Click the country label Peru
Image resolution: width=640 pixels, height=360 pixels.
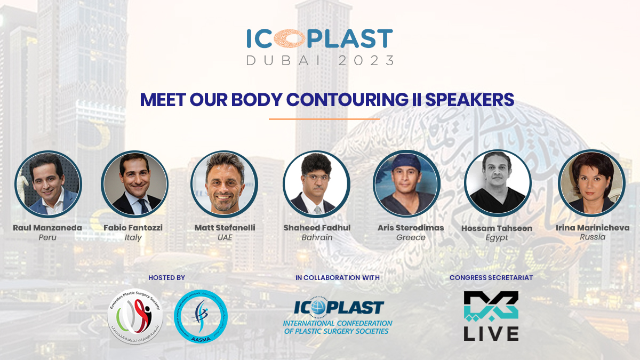(x=47, y=237)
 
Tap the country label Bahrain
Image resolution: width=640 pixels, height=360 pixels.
(x=316, y=237)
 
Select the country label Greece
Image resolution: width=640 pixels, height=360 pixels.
(x=411, y=237)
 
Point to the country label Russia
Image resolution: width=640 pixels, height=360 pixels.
(x=593, y=237)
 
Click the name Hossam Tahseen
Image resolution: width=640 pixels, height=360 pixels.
(x=497, y=228)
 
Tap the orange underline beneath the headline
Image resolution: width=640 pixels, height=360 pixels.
(x=324, y=119)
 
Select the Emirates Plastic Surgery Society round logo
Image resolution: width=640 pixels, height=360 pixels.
(x=135, y=317)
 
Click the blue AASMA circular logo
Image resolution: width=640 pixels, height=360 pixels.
(x=201, y=317)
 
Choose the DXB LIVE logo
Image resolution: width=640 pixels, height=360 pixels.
(x=491, y=316)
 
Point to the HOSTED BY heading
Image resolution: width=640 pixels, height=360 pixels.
(x=166, y=278)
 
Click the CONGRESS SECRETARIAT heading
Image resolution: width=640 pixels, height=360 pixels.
(x=491, y=278)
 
